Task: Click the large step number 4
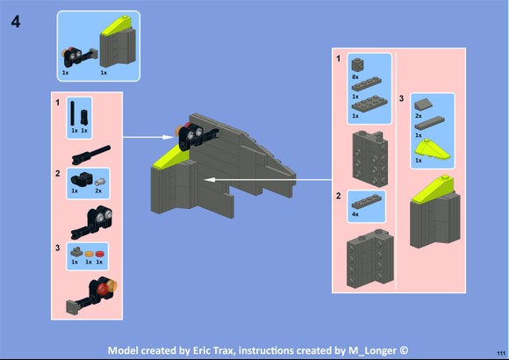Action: click(x=16, y=22)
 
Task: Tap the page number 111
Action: click(x=501, y=353)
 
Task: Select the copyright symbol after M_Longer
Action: click(x=404, y=350)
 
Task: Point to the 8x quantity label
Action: click(x=355, y=77)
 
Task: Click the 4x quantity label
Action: click(x=355, y=214)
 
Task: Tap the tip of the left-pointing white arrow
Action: click(x=204, y=179)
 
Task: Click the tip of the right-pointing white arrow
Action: click(x=174, y=137)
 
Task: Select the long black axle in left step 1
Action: click(x=73, y=113)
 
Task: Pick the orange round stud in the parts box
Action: click(x=89, y=254)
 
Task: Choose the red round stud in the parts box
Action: click(x=99, y=254)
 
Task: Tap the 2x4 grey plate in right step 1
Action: click(x=369, y=104)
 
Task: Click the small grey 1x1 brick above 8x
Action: click(x=357, y=65)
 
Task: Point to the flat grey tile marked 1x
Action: click(x=429, y=123)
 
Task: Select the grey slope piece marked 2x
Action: click(x=424, y=104)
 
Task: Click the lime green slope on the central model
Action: click(x=171, y=156)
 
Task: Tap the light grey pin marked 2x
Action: click(x=100, y=181)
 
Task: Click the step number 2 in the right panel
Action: click(x=339, y=196)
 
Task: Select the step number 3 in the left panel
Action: click(x=57, y=248)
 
